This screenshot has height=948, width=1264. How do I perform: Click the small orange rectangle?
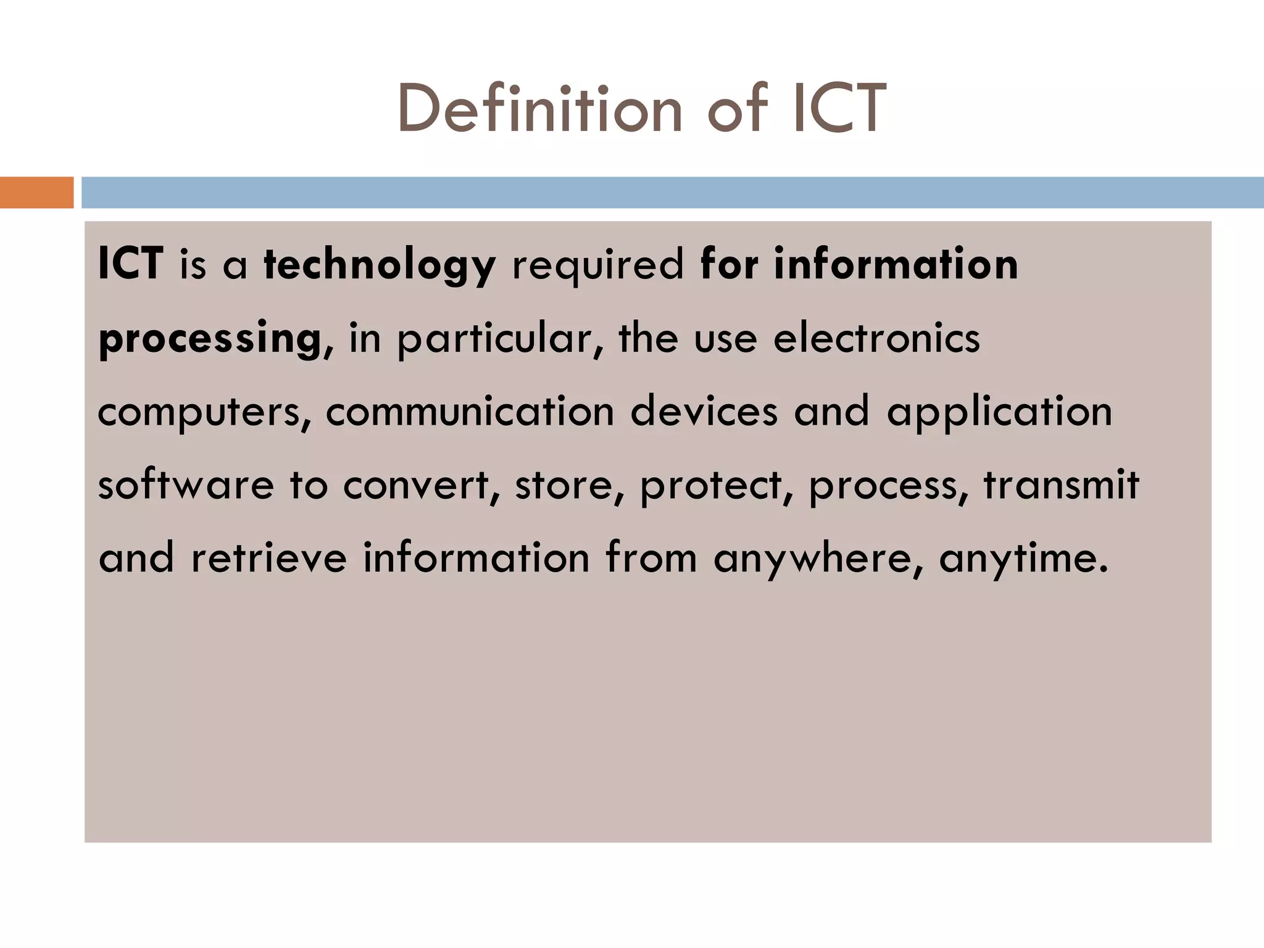point(36,193)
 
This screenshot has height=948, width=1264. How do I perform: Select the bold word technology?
point(380,264)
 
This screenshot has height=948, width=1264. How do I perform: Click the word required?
point(598,264)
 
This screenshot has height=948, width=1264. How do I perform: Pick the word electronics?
point(876,338)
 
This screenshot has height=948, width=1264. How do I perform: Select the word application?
point(999,412)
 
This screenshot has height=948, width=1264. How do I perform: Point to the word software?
point(186,484)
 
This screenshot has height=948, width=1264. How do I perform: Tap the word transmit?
point(1061,484)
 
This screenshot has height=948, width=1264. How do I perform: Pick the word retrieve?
point(269,557)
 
